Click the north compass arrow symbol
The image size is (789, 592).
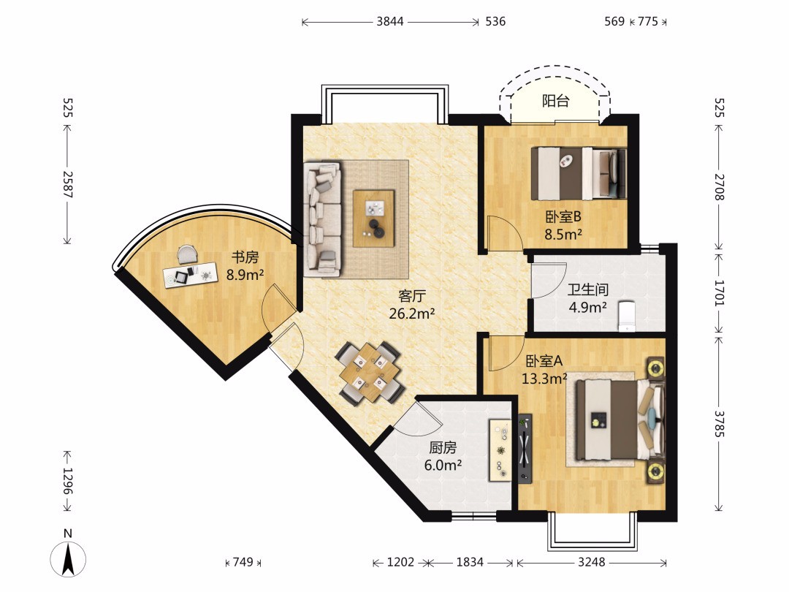pyautogui.click(x=68, y=558)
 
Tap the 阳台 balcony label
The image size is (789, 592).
pyautogui.click(x=555, y=101)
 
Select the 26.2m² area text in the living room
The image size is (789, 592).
pyautogui.click(x=411, y=314)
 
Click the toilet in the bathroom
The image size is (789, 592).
pyautogui.click(x=627, y=316)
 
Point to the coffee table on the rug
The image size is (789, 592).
pyautogui.click(x=373, y=219)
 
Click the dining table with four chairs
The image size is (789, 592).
pyautogui.click(x=370, y=372)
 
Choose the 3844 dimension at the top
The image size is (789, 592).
pyautogui.click(x=390, y=22)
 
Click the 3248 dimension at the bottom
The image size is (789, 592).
pyautogui.click(x=591, y=562)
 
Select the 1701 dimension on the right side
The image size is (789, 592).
pyautogui.click(x=720, y=293)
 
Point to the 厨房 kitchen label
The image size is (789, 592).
pyautogui.click(x=443, y=447)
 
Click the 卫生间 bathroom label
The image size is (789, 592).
pyautogui.click(x=587, y=289)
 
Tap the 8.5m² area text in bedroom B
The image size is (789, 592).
pyautogui.click(x=563, y=234)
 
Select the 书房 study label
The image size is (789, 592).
pyautogui.click(x=245, y=257)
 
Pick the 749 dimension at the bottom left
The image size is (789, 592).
pyautogui.click(x=243, y=562)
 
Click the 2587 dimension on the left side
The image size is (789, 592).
pyautogui.click(x=67, y=185)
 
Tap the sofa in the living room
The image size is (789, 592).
pyautogui.click(x=323, y=219)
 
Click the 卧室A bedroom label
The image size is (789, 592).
pyautogui.click(x=544, y=361)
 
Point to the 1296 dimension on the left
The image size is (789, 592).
pyautogui.click(x=67, y=481)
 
